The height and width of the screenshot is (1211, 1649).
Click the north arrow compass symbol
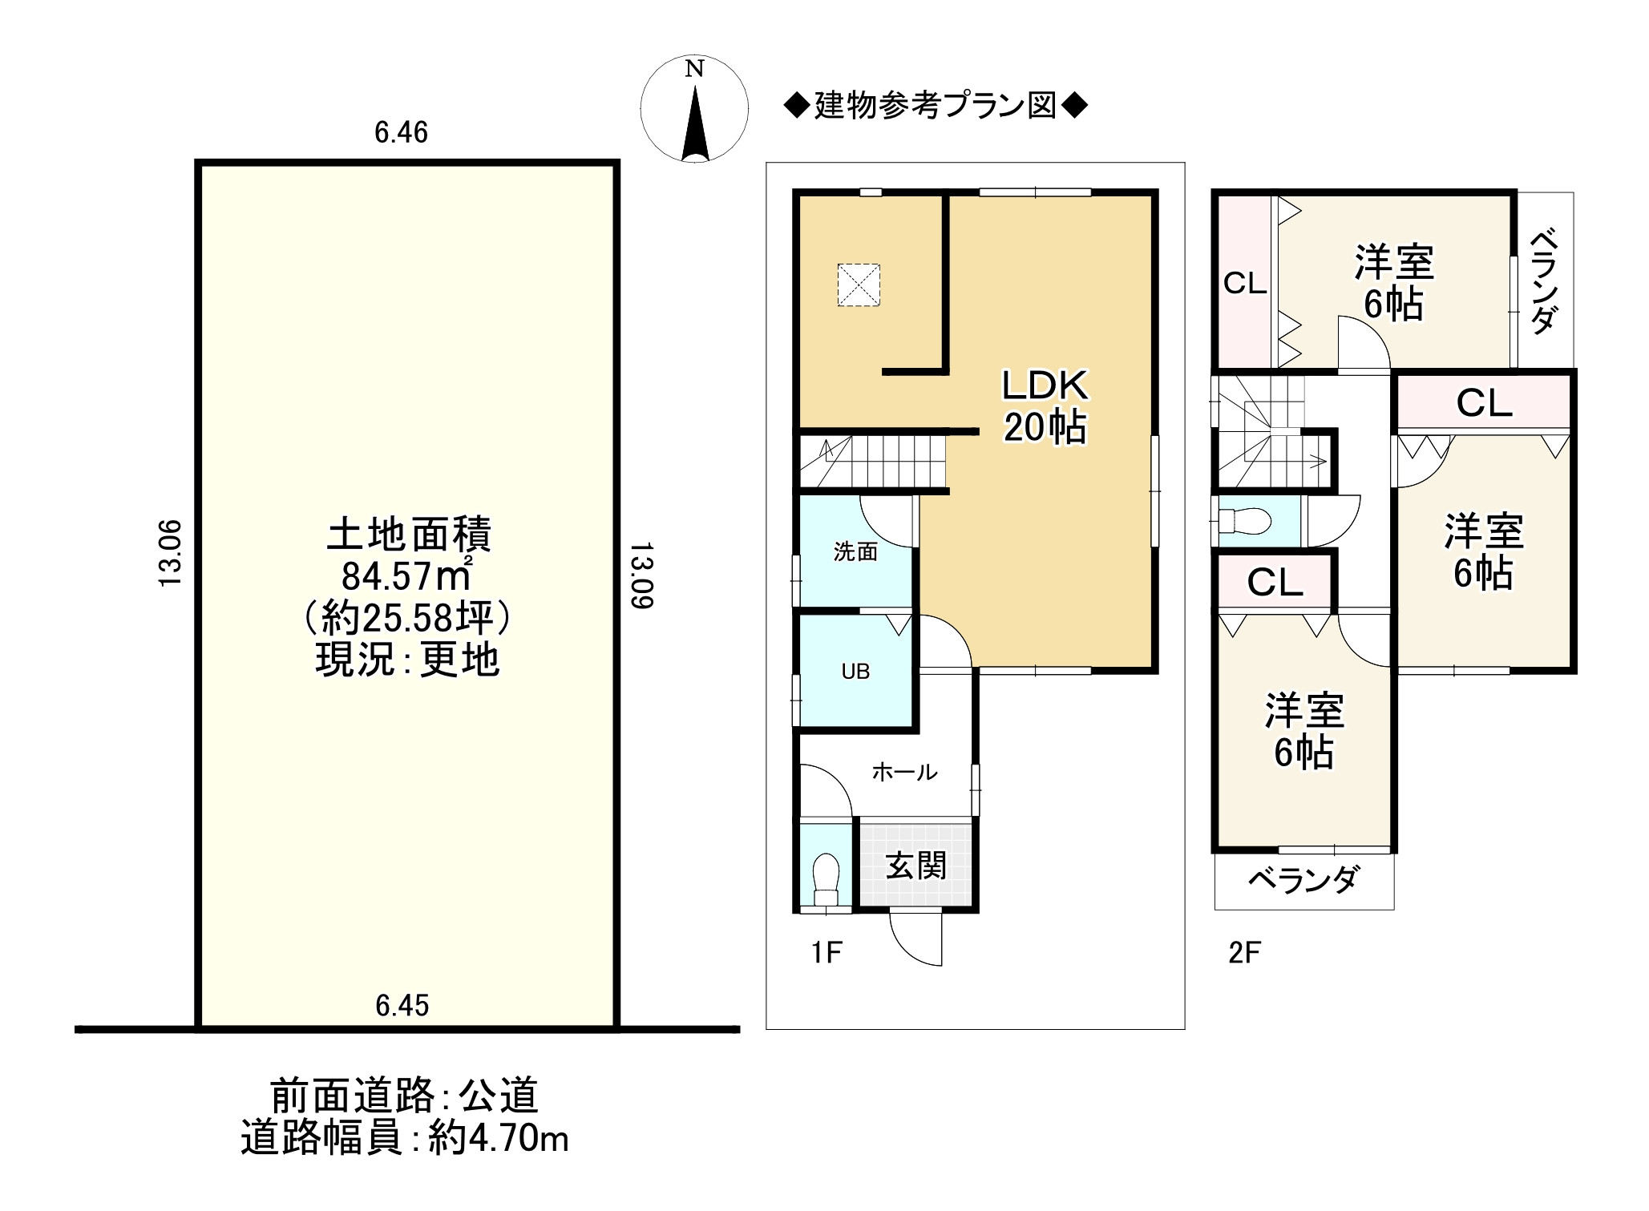click(x=694, y=109)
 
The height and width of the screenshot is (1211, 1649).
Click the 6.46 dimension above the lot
click(x=402, y=132)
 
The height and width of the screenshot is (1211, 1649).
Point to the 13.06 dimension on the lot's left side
click(x=171, y=554)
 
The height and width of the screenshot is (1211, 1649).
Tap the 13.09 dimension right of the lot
click(x=641, y=575)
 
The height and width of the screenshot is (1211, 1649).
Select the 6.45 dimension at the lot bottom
click(x=402, y=1005)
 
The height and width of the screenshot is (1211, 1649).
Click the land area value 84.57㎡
click(x=407, y=575)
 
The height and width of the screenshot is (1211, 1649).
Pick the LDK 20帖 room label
click(x=1045, y=406)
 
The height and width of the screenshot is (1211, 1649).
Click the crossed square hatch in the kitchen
click(x=859, y=285)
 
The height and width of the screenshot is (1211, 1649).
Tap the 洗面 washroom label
click(x=855, y=551)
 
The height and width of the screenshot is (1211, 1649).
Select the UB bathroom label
click(x=855, y=672)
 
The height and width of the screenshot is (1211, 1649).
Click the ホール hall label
click(x=904, y=772)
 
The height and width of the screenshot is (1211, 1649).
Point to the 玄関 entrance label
click(x=916, y=866)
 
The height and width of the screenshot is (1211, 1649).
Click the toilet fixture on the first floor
click(x=826, y=881)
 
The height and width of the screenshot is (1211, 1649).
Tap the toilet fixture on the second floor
click(x=1244, y=522)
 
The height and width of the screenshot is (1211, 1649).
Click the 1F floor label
click(x=827, y=953)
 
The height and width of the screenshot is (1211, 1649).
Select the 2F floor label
click(x=1245, y=953)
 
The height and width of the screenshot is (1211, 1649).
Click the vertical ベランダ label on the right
click(x=1545, y=281)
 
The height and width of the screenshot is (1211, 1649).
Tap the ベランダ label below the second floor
click(x=1303, y=880)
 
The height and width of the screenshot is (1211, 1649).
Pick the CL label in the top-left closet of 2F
click(x=1245, y=284)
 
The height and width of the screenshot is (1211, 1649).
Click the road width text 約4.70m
click(x=499, y=1138)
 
